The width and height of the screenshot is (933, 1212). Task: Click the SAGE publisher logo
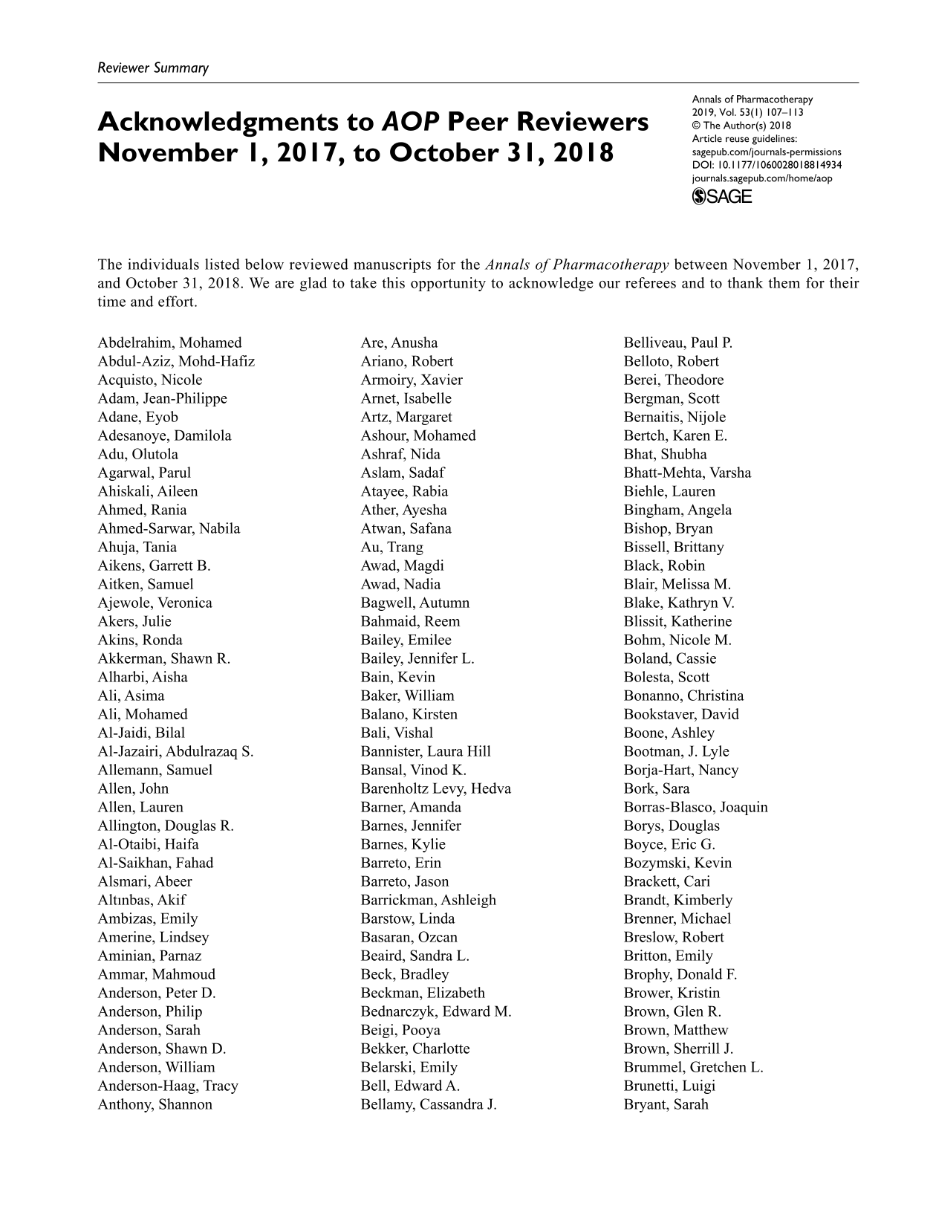click(x=721, y=197)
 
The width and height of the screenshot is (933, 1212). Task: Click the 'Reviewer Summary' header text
click(x=153, y=68)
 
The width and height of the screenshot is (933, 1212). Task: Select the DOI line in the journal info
click(x=767, y=165)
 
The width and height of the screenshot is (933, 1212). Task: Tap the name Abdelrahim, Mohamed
click(x=169, y=343)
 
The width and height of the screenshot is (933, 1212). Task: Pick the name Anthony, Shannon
click(x=155, y=1104)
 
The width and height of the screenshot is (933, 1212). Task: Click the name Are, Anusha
click(x=399, y=343)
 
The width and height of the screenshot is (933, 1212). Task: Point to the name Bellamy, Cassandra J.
click(x=429, y=1104)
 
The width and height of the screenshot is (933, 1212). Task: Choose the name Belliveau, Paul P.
click(x=677, y=343)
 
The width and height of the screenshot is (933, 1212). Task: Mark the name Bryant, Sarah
click(x=666, y=1104)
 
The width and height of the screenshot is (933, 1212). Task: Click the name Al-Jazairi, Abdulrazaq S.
click(x=175, y=751)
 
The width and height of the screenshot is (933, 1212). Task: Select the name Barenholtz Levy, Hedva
click(x=435, y=788)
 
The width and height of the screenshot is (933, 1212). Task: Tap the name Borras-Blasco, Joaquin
click(x=695, y=807)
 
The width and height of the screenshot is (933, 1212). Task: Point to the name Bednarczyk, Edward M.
click(x=436, y=1011)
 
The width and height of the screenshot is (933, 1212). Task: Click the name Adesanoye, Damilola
click(x=164, y=435)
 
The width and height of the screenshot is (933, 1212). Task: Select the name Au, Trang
click(x=391, y=547)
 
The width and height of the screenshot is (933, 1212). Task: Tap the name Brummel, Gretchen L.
click(x=693, y=1067)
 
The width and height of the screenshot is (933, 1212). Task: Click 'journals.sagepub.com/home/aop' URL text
click(x=761, y=178)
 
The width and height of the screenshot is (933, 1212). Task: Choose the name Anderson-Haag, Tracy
click(x=168, y=1086)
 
